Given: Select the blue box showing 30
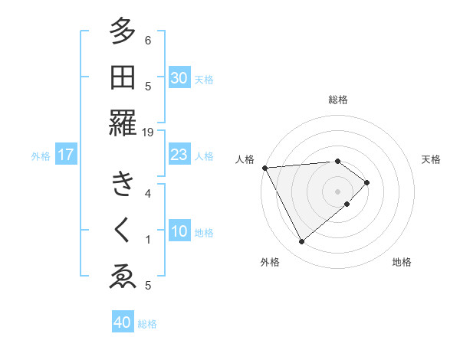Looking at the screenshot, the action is coord(179,77).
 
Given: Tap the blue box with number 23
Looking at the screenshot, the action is coord(179,155).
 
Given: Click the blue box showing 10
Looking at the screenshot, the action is coord(179,231).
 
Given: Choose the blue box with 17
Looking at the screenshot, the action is coord(66,155).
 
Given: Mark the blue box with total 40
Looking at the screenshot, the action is coord(123,322).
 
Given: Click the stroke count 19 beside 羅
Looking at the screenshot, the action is coord(147,133).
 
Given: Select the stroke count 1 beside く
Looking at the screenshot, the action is coord(148,240).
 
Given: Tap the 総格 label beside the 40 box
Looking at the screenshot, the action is coord(147,324).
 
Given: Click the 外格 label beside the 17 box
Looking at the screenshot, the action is coord(40,156).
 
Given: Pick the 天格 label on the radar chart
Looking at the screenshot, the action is coord(431,159).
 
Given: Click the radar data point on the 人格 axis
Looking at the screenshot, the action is coord(264,168).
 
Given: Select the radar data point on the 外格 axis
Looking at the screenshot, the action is coord(301,242).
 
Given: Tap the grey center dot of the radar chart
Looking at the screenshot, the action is coord(337,190).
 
